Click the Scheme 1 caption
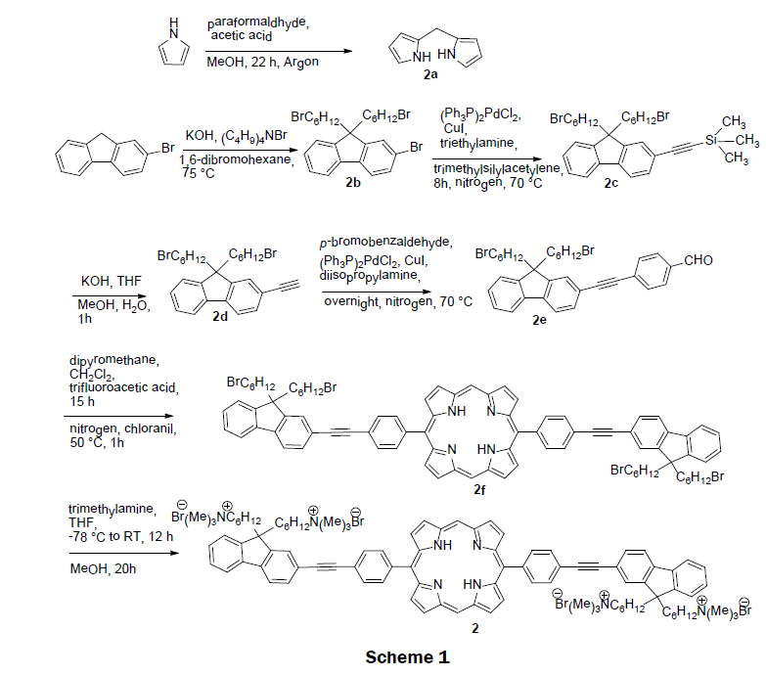407,657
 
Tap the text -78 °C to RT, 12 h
120,538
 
